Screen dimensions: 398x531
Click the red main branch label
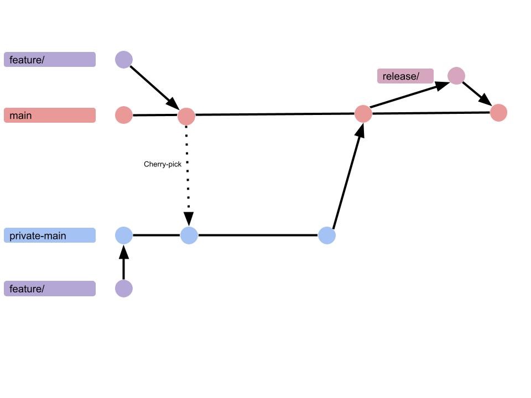tap(50, 116)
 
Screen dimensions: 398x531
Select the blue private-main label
tap(50, 235)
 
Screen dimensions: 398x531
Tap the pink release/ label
tap(405, 76)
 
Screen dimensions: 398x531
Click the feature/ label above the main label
tap(50, 60)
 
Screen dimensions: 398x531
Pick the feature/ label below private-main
tap(50, 289)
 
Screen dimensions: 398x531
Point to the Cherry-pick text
tap(163, 164)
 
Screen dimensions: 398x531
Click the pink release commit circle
tap(456, 76)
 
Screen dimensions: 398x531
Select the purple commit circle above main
tap(124, 60)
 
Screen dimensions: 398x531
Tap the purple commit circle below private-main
tap(124, 289)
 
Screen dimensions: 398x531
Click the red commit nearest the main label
tap(124, 116)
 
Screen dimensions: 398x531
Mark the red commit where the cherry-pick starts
tap(186, 117)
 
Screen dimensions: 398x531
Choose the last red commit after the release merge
tap(498, 113)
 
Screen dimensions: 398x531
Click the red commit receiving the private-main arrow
tap(363, 114)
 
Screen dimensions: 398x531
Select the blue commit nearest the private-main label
tap(124, 235)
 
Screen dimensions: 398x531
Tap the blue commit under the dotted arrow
tap(189, 235)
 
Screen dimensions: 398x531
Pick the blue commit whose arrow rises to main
tap(327, 235)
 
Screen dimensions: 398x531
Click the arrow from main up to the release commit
tap(409, 95)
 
